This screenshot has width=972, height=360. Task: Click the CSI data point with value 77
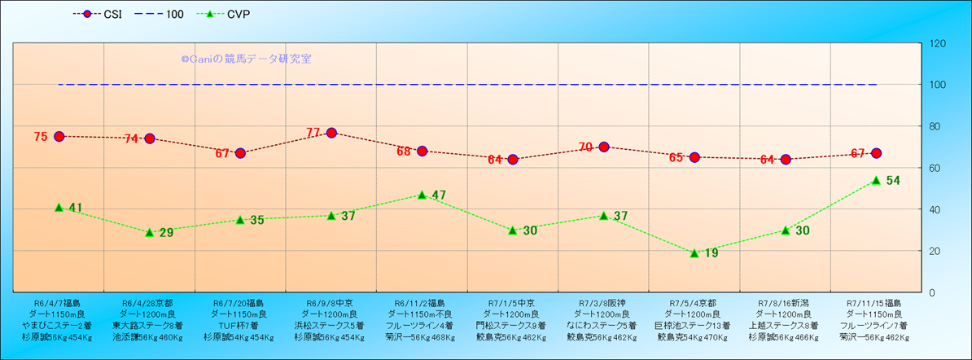pos(331,133)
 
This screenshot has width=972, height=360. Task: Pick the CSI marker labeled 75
pos(59,136)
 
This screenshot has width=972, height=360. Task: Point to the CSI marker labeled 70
pos(604,147)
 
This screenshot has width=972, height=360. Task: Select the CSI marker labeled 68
pos(422,151)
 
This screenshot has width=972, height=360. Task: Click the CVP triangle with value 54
pos(876,180)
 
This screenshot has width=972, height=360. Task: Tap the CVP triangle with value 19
pos(694,252)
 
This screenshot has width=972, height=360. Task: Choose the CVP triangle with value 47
pos(422,195)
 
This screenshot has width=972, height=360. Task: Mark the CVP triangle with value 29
pos(150,232)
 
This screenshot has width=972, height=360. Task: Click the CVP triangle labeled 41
pos(59,207)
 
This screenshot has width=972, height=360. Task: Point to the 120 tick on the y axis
pos(937,44)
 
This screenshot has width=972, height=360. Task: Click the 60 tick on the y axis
pos(935,168)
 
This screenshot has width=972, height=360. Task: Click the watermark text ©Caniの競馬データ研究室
pos(246,59)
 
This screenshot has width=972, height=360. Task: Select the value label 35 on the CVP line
pos(256,220)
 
